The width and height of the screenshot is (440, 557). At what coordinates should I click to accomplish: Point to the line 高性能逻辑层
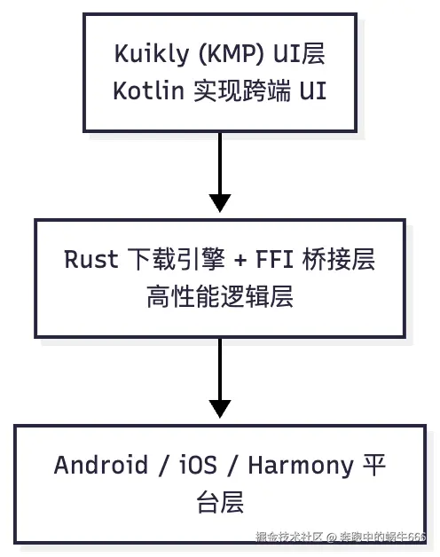(219, 297)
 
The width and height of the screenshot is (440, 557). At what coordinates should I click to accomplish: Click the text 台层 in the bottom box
(219, 503)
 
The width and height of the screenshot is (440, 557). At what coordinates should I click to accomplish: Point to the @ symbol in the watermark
(329, 537)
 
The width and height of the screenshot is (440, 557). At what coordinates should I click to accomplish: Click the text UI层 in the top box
(302, 54)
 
